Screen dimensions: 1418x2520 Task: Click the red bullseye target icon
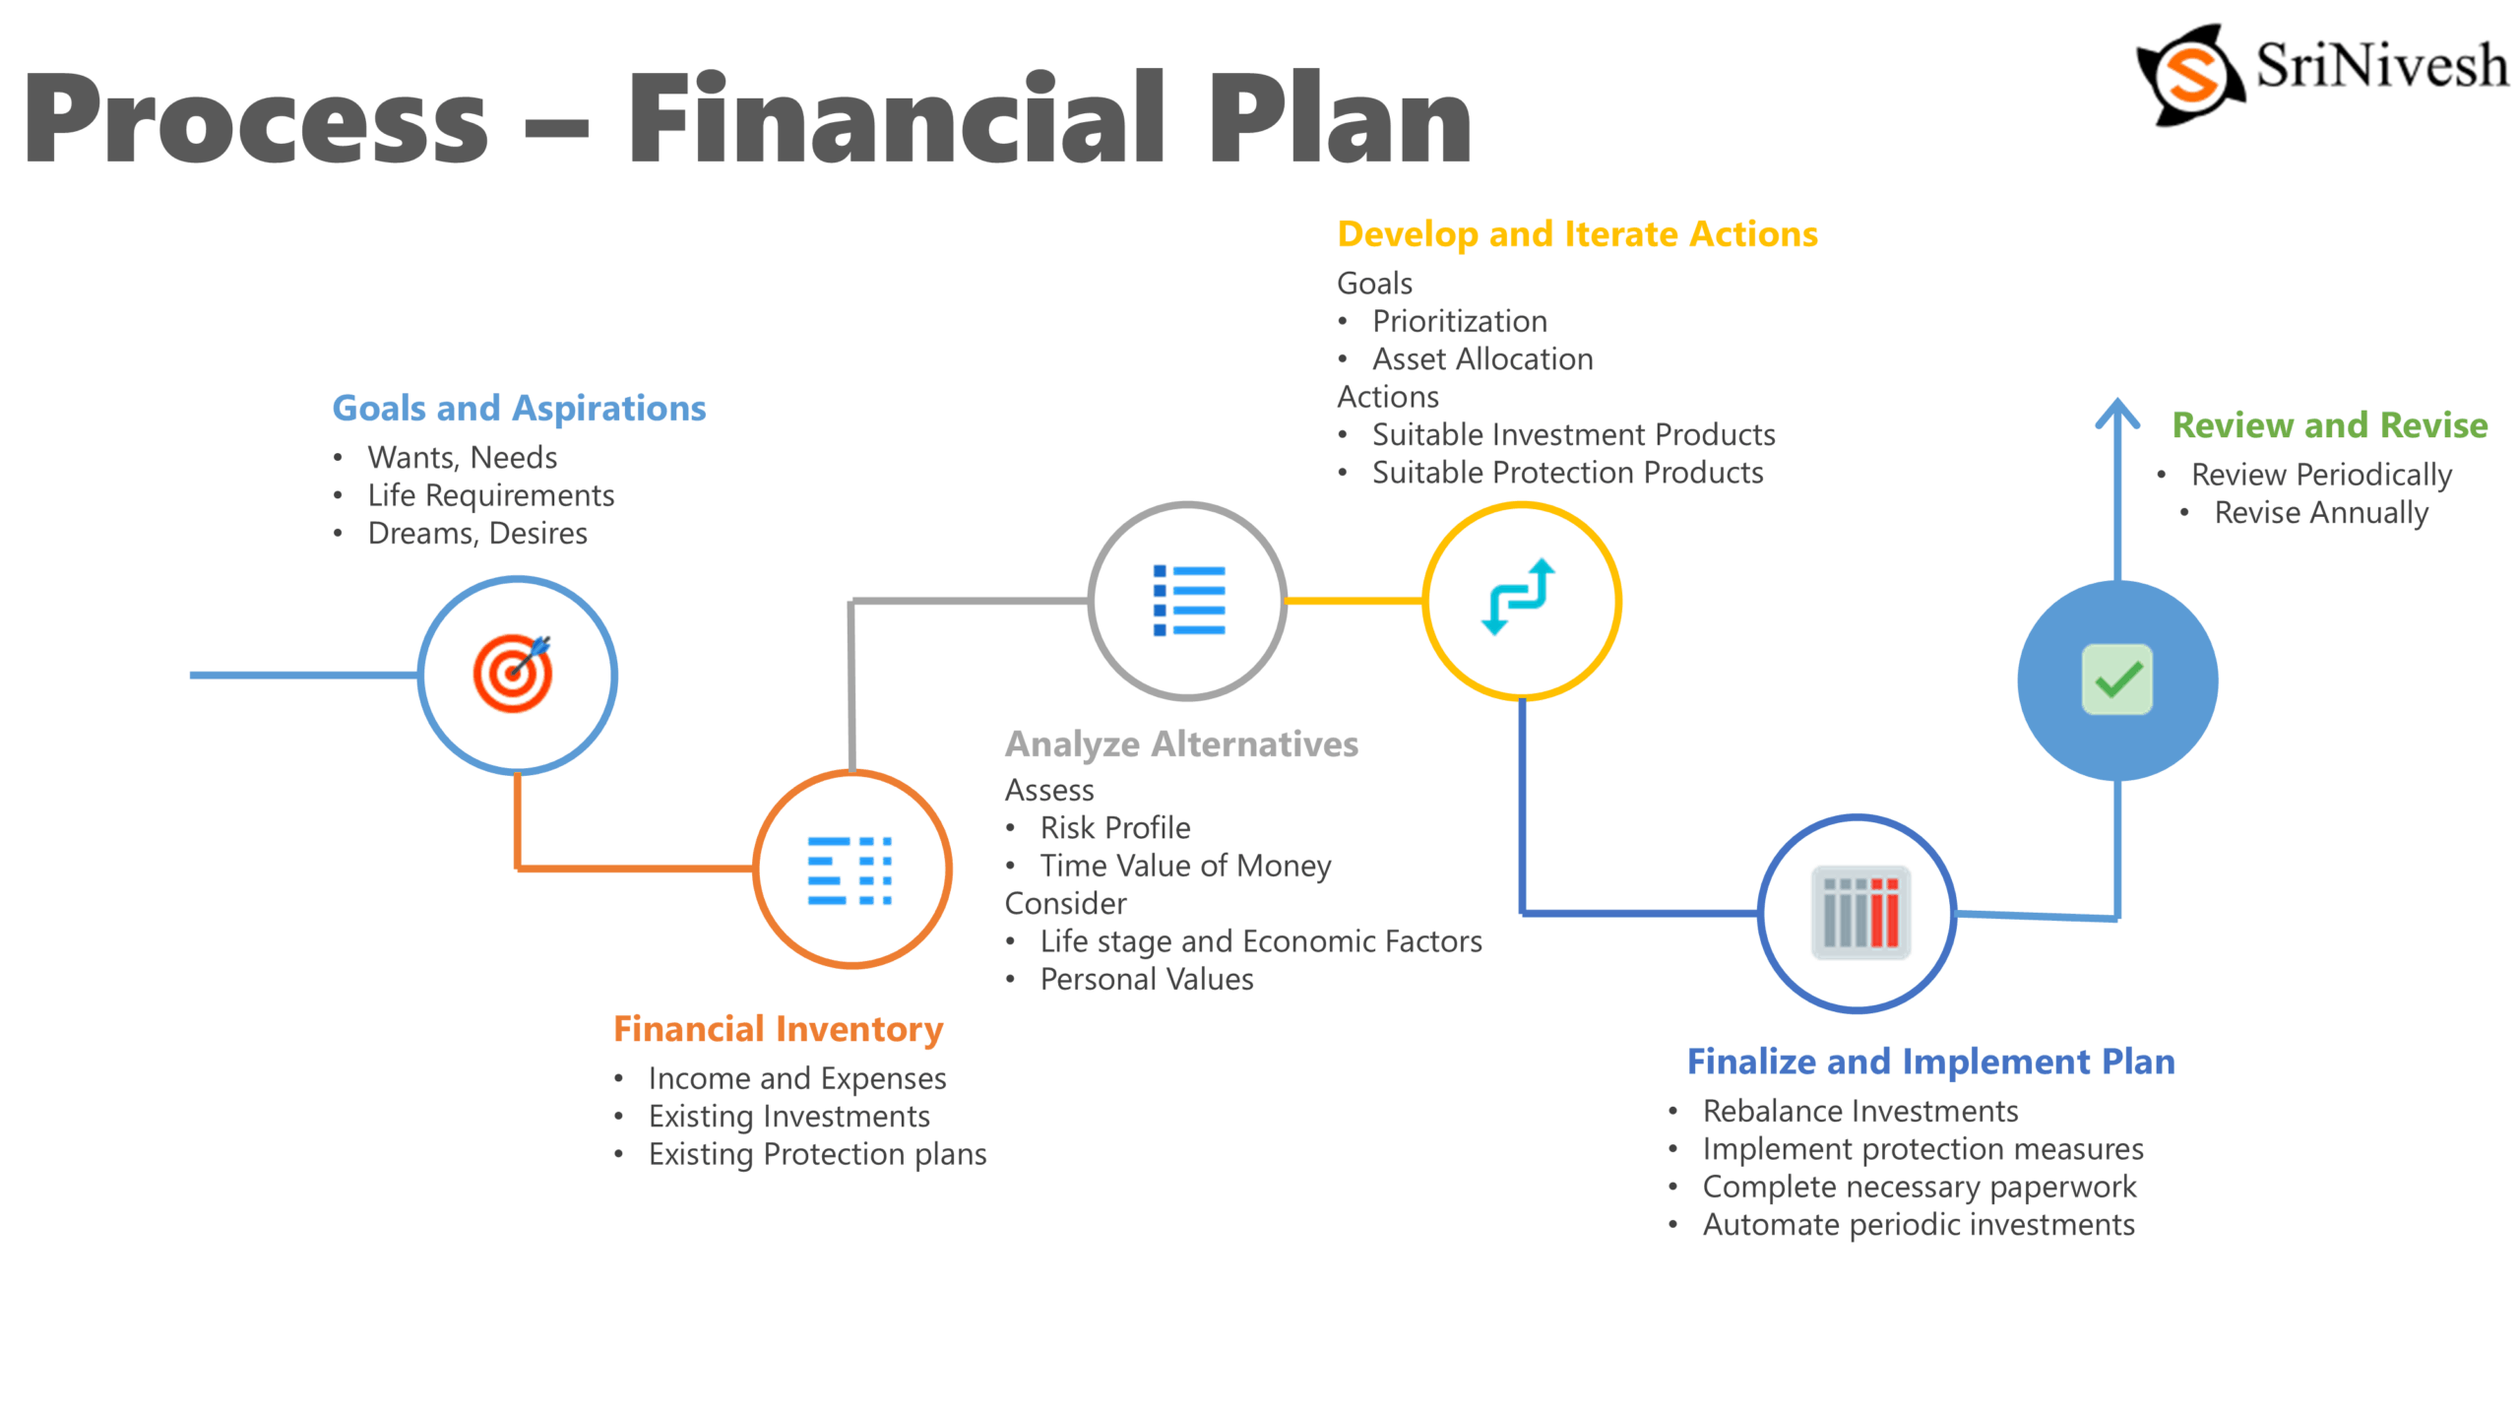[x=514, y=674]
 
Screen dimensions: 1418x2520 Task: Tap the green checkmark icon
[x=2116, y=679]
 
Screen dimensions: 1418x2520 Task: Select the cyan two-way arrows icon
[x=1519, y=597]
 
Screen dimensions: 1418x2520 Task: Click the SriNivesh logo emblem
[x=2191, y=75]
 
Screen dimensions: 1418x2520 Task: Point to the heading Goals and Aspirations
[x=519, y=409]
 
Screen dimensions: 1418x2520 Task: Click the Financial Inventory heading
[x=778, y=1029]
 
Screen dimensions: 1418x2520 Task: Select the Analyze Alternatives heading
[x=1181, y=744]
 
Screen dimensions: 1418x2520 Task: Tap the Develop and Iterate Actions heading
[x=1577, y=234]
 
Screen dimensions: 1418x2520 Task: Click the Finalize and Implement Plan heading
[x=1930, y=1062]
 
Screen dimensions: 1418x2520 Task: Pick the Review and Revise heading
[x=2329, y=425]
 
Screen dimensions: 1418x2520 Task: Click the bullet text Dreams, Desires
[x=477, y=534]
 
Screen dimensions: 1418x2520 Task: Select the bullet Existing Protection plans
[x=817, y=1154]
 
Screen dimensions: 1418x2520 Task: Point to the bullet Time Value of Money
[x=1185, y=866]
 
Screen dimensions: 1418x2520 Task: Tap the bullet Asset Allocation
[x=1482, y=359]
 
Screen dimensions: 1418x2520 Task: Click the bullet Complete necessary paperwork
[x=1919, y=1188]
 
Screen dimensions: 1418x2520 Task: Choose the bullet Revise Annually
[x=2321, y=513]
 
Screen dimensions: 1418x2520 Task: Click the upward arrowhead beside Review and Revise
[x=2117, y=414]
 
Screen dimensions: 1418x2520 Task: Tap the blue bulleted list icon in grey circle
[x=1188, y=600]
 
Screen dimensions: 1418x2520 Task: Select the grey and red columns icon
[x=1860, y=912]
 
